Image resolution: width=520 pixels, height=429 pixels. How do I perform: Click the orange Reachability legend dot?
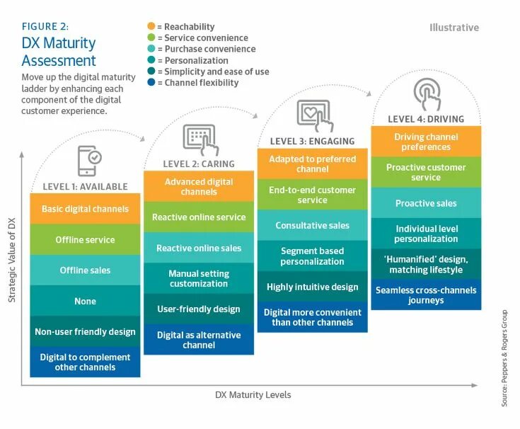click(151, 26)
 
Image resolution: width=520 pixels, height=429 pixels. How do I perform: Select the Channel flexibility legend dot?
click(151, 83)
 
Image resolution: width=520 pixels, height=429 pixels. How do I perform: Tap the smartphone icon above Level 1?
click(88, 161)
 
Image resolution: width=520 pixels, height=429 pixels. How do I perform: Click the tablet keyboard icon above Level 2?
click(199, 138)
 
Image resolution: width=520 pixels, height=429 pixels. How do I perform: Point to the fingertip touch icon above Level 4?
click(427, 93)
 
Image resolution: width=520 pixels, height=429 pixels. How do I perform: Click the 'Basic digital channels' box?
click(85, 209)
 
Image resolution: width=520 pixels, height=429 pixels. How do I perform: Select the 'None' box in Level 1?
click(85, 302)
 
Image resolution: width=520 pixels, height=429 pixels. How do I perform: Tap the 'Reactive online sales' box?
click(199, 248)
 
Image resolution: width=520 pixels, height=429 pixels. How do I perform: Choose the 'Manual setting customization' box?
click(199, 278)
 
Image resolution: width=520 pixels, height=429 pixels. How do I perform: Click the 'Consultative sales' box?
click(312, 225)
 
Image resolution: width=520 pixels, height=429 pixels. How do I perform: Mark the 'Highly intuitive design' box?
click(312, 287)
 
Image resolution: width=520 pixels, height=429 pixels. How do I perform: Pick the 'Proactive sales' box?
click(426, 203)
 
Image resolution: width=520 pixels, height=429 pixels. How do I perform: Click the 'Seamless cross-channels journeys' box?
click(426, 295)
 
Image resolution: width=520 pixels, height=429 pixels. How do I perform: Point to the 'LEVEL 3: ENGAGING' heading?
click(313, 142)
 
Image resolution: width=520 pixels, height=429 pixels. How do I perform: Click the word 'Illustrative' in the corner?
click(453, 28)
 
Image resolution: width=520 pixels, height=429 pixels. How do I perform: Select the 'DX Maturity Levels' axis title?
click(253, 395)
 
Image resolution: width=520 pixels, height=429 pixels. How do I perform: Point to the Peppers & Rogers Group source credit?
click(504, 357)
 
